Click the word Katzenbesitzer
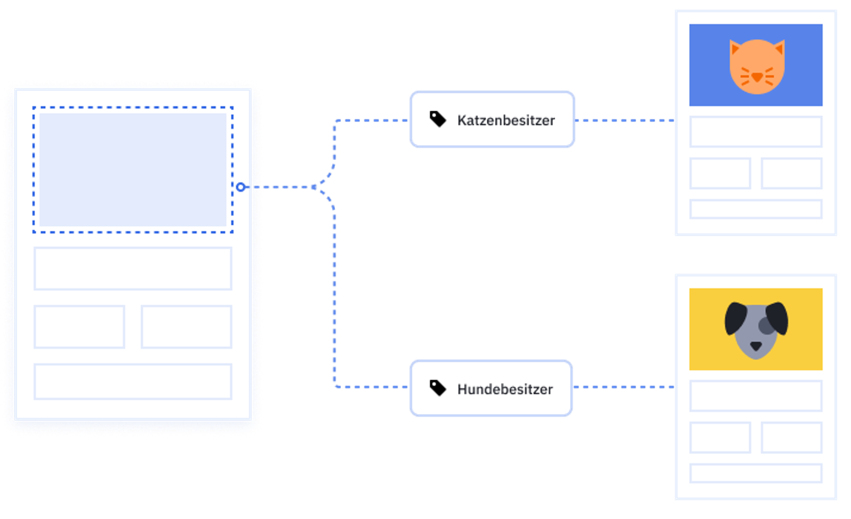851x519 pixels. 506,120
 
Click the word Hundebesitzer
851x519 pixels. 505,389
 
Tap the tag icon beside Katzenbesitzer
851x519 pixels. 438,119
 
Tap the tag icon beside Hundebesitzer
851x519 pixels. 438,388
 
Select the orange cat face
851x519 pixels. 757,66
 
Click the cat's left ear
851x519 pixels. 735,47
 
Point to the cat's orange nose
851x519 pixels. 757,77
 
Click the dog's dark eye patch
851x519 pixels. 766,325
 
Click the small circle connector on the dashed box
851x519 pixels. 240,187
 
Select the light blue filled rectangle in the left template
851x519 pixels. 133,170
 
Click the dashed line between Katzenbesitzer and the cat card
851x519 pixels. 625,120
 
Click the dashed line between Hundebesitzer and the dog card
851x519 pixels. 624,387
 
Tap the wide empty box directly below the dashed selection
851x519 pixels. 133,269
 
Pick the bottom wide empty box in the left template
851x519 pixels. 133,381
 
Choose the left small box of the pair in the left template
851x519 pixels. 79,327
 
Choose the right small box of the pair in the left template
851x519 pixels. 187,327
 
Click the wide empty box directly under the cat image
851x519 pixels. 756,132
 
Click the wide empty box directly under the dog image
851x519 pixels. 756,396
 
